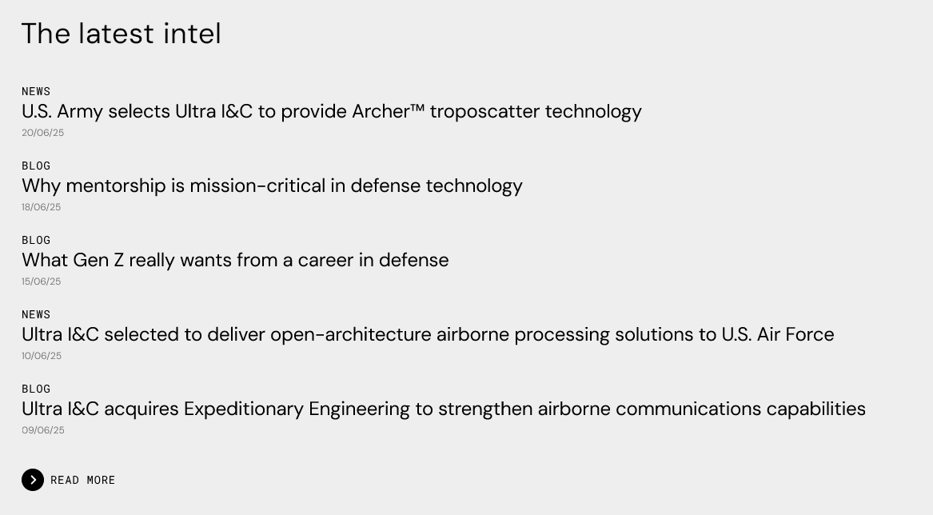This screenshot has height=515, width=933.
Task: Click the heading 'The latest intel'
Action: click(x=122, y=34)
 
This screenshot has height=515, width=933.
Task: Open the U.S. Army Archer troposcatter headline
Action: click(x=332, y=111)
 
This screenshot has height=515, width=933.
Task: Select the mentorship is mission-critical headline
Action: click(x=272, y=186)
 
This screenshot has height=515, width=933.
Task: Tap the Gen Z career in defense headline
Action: click(x=235, y=260)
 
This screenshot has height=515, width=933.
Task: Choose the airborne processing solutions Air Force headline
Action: click(x=428, y=334)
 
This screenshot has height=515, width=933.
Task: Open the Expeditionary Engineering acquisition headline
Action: click(x=443, y=409)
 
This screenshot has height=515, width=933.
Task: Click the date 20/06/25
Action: click(x=43, y=133)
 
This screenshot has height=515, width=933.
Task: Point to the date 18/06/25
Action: click(x=41, y=207)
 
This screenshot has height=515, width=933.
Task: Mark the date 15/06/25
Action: click(x=41, y=281)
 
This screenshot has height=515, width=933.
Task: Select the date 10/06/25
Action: click(x=42, y=356)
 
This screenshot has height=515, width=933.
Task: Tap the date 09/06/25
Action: click(x=43, y=430)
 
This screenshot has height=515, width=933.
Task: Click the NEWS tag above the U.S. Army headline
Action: click(x=36, y=92)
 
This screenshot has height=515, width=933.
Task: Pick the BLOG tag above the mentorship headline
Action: click(x=36, y=166)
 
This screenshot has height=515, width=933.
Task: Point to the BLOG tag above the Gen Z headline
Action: click(x=36, y=241)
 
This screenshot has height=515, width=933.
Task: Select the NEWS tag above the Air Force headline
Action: click(x=36, y=315)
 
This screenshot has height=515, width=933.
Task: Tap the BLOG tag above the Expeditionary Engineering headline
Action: click(x=36, y=389)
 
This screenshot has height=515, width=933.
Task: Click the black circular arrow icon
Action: click(x=33, y=480)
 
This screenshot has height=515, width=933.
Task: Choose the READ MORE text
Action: click(x=82, y=481)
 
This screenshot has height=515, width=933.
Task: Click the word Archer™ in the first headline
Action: click(x=388, y=111)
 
